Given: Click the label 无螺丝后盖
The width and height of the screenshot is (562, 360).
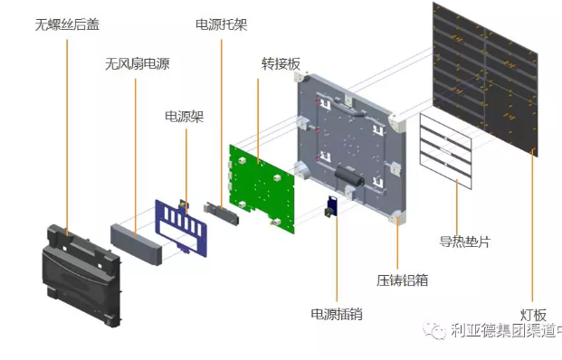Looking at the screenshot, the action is [67, 24].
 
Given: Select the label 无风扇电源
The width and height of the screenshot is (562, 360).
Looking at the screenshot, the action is [138, 63].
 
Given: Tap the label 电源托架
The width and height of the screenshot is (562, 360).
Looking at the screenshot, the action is [222, 24].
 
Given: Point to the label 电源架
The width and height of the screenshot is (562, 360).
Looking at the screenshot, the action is [185, 117].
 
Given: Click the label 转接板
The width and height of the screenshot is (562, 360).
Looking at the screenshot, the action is [281, 63].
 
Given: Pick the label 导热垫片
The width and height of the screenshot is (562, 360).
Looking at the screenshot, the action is [465, 242].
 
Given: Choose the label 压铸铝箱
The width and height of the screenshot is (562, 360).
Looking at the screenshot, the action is [403, 280].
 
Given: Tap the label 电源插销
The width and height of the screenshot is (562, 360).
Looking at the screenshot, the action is [337, 314].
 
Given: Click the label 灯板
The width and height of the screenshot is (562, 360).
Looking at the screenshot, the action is [533, 315].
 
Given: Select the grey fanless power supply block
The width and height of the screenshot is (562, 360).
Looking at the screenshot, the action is [136, 244].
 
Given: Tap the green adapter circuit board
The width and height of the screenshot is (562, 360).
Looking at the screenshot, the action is [262, 189].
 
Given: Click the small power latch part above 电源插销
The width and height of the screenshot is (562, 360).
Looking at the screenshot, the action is [331, 207].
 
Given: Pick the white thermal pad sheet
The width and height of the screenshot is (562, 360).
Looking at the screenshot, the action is [446, 151].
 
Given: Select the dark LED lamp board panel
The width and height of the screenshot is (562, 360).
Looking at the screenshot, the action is [485, 79].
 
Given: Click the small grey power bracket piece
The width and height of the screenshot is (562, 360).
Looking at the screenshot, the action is [221, 213].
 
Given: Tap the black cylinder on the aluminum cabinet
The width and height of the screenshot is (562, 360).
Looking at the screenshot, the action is [349, 175].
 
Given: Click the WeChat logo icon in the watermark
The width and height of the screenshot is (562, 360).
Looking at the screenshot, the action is [433, 329].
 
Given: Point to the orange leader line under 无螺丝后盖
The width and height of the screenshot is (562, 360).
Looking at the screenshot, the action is [67, 137].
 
